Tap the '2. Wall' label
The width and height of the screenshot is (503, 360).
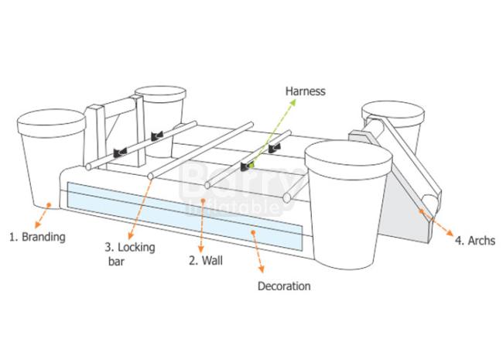(207, 261)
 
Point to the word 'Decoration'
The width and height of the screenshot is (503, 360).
(284, 286)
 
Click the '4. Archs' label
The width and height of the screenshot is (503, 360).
(474, 241)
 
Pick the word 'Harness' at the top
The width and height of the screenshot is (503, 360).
(306, 91)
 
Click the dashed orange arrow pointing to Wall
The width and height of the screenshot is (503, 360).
(203, 225)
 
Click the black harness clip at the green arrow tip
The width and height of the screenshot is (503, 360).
(247, 165)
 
